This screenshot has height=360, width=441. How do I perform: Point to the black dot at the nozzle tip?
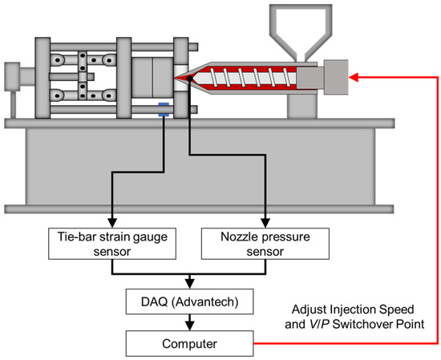point(174,79)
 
